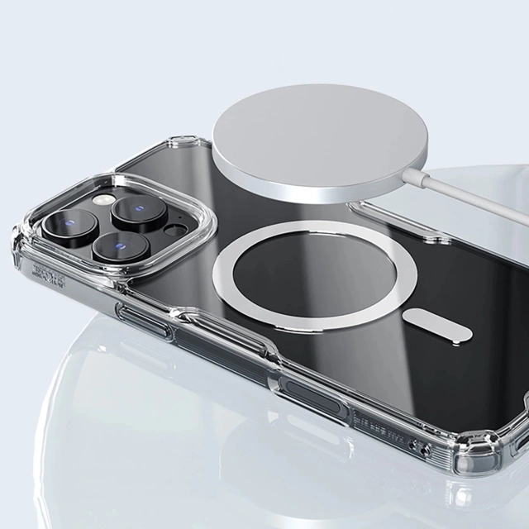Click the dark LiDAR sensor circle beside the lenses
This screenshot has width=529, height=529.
click(176, 227)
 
